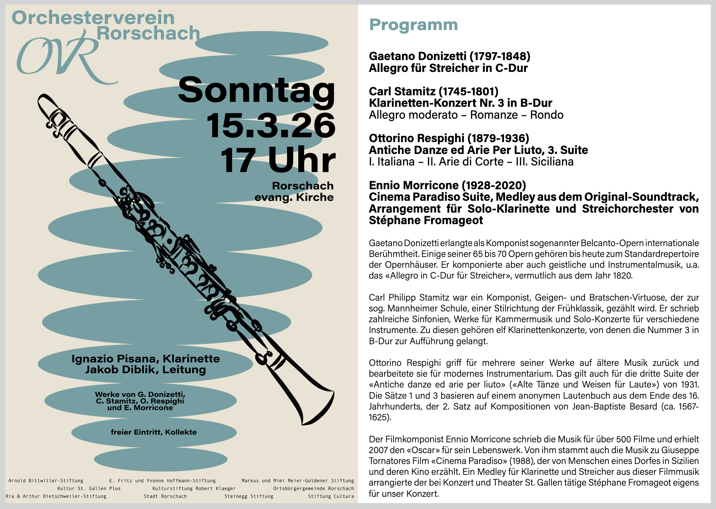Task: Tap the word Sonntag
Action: (256, 90)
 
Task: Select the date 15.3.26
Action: (271, 126)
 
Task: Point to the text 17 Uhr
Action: (278, 161)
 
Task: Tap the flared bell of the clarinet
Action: (314, 405)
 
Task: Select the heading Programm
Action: (413, 25)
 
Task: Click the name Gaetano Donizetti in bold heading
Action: (417, 56)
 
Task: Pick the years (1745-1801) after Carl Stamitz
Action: (468, 91)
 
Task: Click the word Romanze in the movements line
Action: (494, 115)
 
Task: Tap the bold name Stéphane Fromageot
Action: (426, 220)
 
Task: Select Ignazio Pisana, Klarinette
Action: (146, 359)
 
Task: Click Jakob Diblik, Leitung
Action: (146, 369)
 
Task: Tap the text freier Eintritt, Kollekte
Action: (154, 432)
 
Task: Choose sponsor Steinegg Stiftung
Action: (249, 496)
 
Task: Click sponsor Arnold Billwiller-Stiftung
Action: (46, 481)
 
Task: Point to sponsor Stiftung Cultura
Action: (331, 496)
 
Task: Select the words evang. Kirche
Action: (294, 197)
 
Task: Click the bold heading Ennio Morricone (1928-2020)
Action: (447, 185)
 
